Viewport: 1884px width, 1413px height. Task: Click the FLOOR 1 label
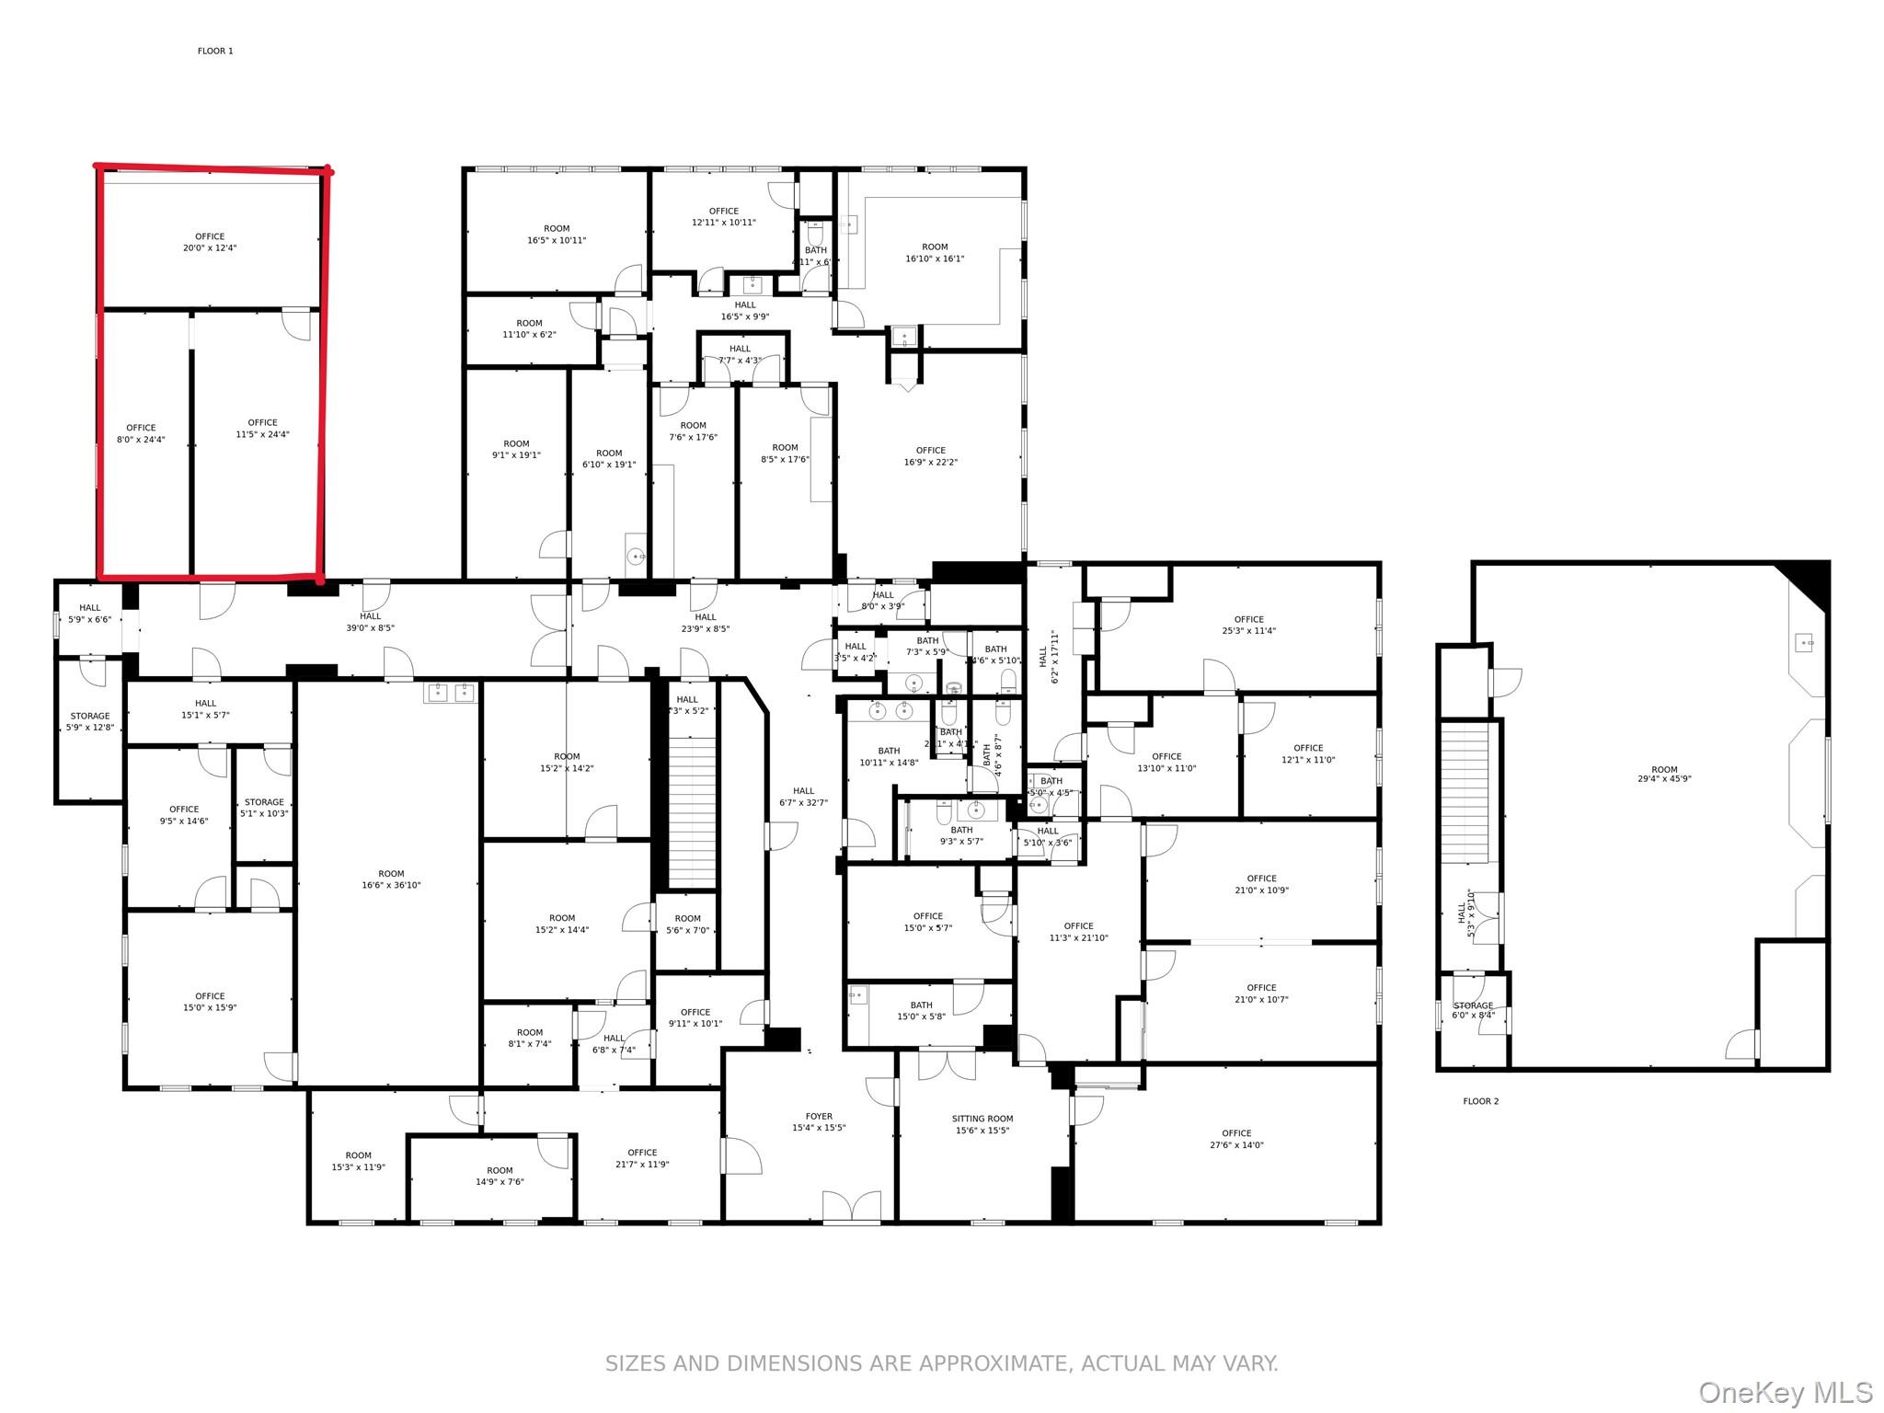pyautogui.click(x=215, y=52)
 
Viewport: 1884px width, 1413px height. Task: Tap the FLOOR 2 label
pyautogui.click(x=1480, y=1101)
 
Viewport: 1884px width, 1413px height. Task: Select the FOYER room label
pyautogui.click(x=819, y=1122)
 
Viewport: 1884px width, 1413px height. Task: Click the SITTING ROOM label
pyautogui.click(x=982, y=1124)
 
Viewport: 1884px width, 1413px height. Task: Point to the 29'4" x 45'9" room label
pyautogui.click(x=1663, y=775)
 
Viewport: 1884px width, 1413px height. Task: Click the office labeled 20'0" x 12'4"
pyautogui.click(x=210, y=242)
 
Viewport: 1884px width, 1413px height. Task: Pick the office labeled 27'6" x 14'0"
pyautogui.click(x=1236, y=1139)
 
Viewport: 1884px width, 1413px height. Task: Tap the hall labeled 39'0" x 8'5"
pyautogui.click(x=370, y=622)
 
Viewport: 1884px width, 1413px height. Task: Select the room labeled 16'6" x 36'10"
pyautogui.click(x=391, y=879)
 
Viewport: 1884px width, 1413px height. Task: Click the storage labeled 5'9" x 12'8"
pyautogui.click(x=90, y=721)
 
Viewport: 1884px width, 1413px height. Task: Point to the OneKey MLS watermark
pyautogui.click(x=1785, y=1392)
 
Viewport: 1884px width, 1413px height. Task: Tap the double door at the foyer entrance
pyautogui.click(x=851, y=1206)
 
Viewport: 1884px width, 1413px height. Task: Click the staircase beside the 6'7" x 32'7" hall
pyautogui.click(x=691, y=810)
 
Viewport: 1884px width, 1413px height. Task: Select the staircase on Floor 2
pyautogui.click(x=1464, y=792)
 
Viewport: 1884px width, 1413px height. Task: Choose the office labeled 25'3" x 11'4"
pyautogui.click(x=1248, y=625)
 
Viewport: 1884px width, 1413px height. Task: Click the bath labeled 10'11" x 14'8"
pyautogui.click(x=889, y=756)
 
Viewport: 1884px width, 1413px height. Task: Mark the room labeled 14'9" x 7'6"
pyautogui.click(x=500, y=1177)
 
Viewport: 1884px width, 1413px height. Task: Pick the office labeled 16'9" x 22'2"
pyautogui.click(x=930, y=456)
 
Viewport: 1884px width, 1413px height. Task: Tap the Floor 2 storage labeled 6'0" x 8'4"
pyautogui.click(x=1473, y=1010)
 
